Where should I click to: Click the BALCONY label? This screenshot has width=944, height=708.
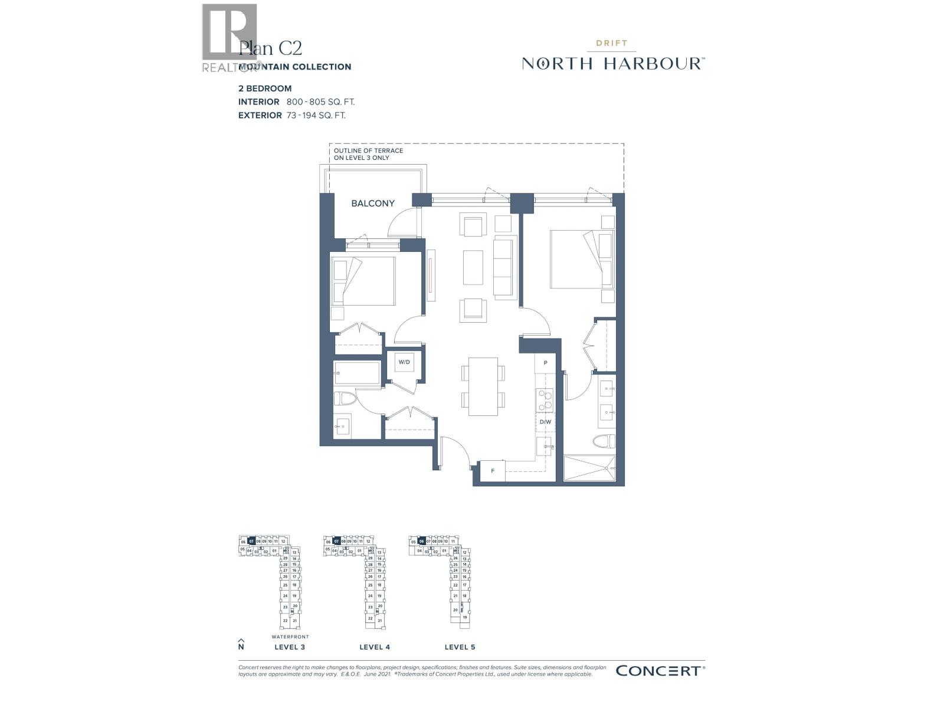click(x=373, y=204)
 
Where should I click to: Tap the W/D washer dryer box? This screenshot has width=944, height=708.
click(x=404, y=362)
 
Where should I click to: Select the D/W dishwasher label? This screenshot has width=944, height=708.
click(x=545, y=422)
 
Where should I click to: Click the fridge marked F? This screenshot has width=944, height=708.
click(x=492, y=471)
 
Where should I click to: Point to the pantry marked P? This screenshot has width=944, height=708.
click(x=546, y=363)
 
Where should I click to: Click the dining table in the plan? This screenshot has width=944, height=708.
click(x=483, y=386)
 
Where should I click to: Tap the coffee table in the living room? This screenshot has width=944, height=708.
click(x=473, y=267)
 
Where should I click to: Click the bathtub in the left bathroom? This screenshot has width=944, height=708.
click(x=358, y=373)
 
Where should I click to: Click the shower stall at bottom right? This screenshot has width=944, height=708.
click(x=589, y=468)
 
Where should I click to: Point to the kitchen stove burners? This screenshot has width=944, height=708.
click(x=545, y=400)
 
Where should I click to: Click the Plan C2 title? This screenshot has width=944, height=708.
click(x=271, y=48)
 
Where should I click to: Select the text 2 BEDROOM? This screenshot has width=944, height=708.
click(x=265, y=88)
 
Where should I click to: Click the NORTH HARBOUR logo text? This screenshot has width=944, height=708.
click(x=612, y=63)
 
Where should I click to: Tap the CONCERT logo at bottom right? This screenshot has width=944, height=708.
click(x=660, y=670)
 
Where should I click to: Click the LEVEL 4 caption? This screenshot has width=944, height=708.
click(x=375, y=647)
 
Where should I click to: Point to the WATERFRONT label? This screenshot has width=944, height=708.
click(x=290, y=637)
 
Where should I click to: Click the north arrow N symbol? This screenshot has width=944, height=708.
click(x=241, y=644)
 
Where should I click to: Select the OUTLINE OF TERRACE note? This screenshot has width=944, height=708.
click(x=369, y=154)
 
